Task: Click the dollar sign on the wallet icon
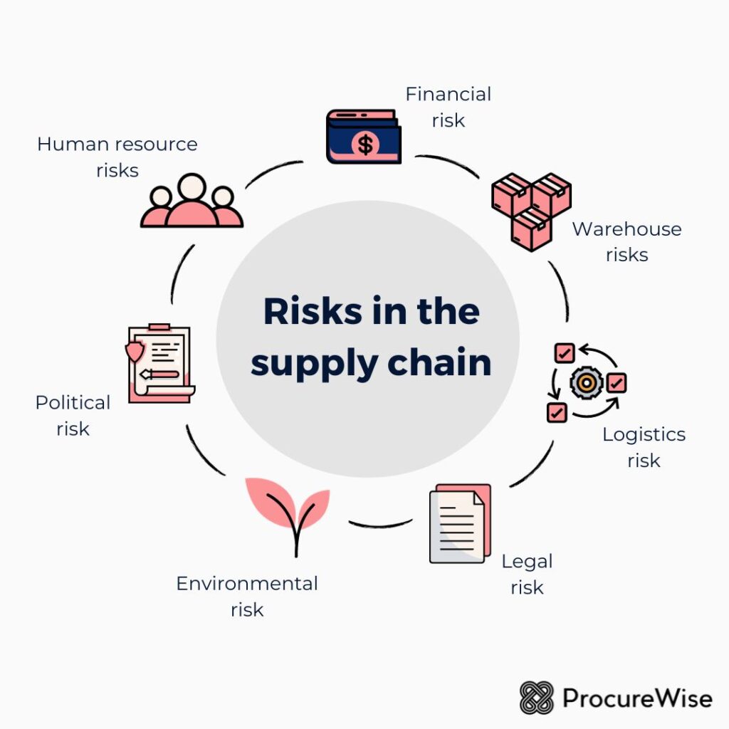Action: coord(365,144)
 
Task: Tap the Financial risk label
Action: coord(449,107)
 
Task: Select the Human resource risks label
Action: coord(117,157)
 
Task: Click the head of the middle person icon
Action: coord(192,186)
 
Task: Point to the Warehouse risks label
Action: coord(626,242)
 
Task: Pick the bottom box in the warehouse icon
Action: coord(531,230)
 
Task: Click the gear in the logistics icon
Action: coord(587,382)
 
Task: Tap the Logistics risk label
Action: coord(644,447)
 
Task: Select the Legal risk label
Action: coord(527,575)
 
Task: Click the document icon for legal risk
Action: coord(460,523)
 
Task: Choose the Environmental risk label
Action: coord(247,596)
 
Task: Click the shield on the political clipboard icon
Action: coord(135,351)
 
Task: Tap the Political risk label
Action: coord(73,416)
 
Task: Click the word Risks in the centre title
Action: coord(313,311)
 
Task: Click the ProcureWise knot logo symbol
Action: coord(537,698)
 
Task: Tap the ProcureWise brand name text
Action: coord(637,698)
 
